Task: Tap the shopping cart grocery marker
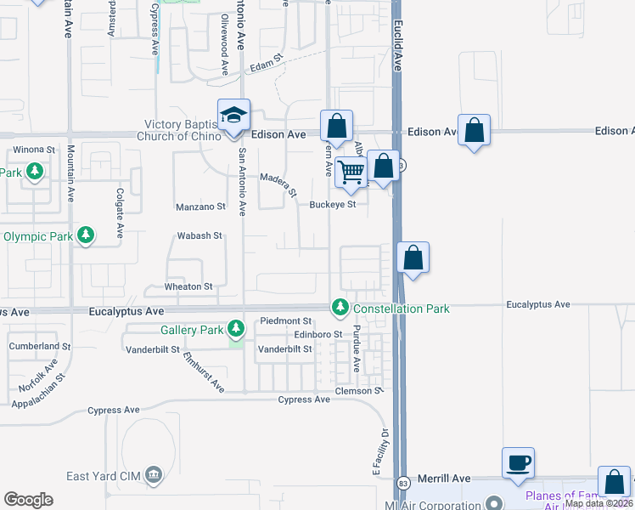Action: [x=351, y=172]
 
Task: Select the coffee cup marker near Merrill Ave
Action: [x=518, y=463]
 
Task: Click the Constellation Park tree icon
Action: [x=340, y=306]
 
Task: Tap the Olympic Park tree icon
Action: [x=85, y=235]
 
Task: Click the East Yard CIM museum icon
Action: [x=153, y=473]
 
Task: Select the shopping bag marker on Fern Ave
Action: [x=336, y=127]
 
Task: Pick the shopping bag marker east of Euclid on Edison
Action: [x=474, y=131]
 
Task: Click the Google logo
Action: [x=28, y=500]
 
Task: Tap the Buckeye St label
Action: [x=331, y=204]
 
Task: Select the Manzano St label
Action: [x=201, y=207]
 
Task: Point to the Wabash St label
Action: [x=199, y=235]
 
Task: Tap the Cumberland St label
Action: [x=40, y=347]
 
